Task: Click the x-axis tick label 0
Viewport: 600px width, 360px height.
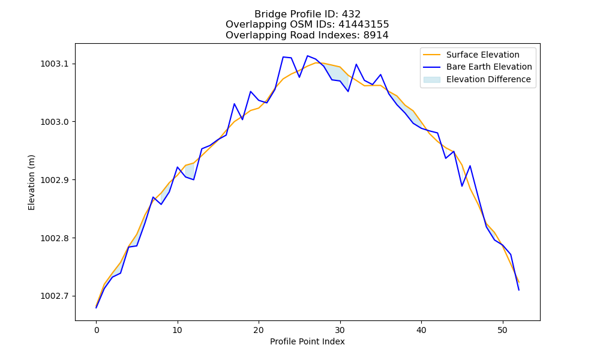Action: [97, 330]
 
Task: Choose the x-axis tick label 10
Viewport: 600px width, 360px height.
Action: [178, 330]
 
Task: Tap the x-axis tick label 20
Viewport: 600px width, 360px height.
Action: [259, 330]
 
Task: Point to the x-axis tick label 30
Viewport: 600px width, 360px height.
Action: [340, 330]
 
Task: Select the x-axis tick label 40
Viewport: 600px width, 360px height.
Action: [421, 330]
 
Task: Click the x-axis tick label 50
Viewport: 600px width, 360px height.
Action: [502, 330]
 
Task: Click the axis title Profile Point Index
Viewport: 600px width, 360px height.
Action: [307, 341]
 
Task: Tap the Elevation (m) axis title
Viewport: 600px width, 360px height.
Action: [31, 182]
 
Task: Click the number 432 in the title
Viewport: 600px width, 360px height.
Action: [351, 14]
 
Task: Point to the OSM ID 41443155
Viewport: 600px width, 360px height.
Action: [364, 25]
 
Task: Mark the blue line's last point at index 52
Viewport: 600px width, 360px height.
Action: [519, 290]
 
